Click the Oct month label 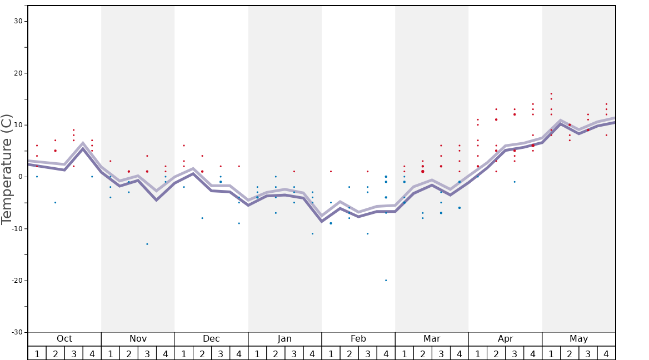coord(64,339)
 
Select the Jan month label coord(284,339)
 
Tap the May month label coord(578,339)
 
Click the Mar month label coord(432,339)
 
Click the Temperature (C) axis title coord(7,169)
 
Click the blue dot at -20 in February coord(386,280)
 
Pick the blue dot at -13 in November coord(147,244)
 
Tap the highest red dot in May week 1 coord(551,94)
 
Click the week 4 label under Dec coord(239,354)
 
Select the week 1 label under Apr coord(478,354)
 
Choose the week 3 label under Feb coord(367,354)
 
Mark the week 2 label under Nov coord(129,354)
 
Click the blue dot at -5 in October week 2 coord(55,202)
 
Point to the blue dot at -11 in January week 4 coord(312,233)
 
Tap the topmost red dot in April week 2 coord(496,109)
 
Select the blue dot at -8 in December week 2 coord(202,218)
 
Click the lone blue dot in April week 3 coord(515,182)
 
